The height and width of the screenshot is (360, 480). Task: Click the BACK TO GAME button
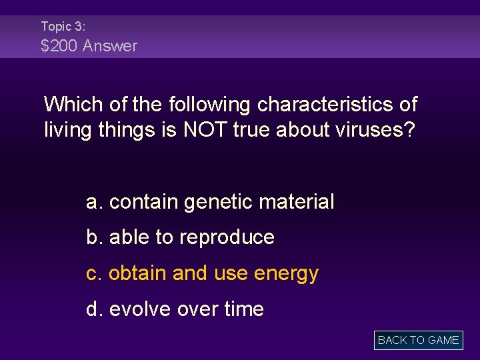[x=418, y=340]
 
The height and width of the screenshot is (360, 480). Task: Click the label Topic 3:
[x=63, y=27]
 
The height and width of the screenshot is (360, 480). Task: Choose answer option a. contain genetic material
[x=210, y=201]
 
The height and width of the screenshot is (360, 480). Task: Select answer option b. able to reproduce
[x=180, y=237]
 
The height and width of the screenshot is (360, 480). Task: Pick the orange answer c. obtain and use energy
[x=202, y=273]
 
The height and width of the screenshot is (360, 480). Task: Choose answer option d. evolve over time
[x=175, y=309]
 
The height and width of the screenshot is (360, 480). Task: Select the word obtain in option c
[x=137, y=273]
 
